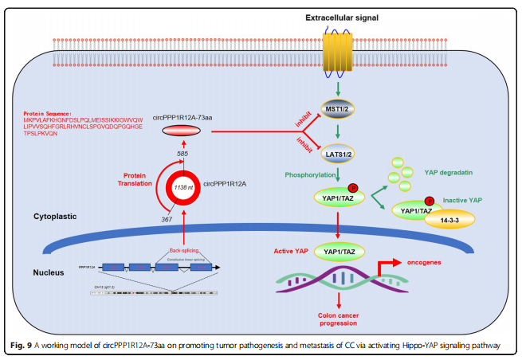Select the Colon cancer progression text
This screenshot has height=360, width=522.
[x=342, y=319]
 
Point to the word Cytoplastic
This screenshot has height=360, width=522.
[x=54, y=216]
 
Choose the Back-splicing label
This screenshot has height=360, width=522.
[x=185, y=249]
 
